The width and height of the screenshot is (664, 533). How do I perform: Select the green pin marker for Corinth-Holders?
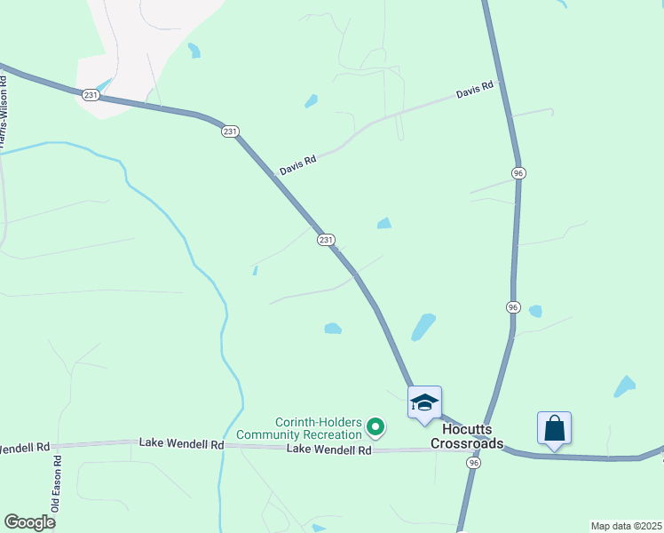375,429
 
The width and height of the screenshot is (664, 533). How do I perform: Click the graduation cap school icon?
424,402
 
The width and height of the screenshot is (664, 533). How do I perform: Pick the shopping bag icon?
554,428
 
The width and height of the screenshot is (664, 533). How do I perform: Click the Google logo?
29,521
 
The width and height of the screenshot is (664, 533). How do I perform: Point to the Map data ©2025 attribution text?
626,526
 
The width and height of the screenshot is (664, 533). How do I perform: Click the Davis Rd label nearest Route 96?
474,91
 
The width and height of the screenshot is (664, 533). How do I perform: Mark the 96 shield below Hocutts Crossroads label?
474,463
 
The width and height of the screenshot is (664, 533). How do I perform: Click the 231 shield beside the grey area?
90,94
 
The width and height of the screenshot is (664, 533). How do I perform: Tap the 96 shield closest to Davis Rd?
518,172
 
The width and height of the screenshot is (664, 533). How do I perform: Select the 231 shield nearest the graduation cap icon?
326,240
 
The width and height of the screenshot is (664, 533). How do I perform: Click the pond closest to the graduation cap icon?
423,328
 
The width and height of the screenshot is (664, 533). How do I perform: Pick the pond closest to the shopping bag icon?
625,386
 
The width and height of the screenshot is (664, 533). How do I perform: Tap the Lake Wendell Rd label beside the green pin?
328,450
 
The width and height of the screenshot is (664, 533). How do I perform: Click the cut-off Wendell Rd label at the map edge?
25,447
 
